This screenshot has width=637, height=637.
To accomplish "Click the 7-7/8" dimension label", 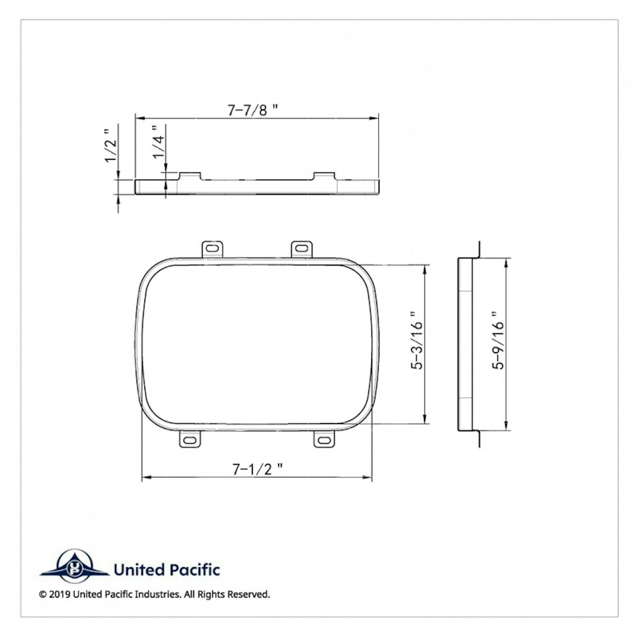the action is [252, 110].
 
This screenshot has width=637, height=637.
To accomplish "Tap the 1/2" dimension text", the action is [111, 146].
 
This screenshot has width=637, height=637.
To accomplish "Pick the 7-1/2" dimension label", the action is [257, 469].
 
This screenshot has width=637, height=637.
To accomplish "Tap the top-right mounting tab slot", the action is [302, 248].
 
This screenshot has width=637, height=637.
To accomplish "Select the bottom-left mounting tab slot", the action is [190, 440].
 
